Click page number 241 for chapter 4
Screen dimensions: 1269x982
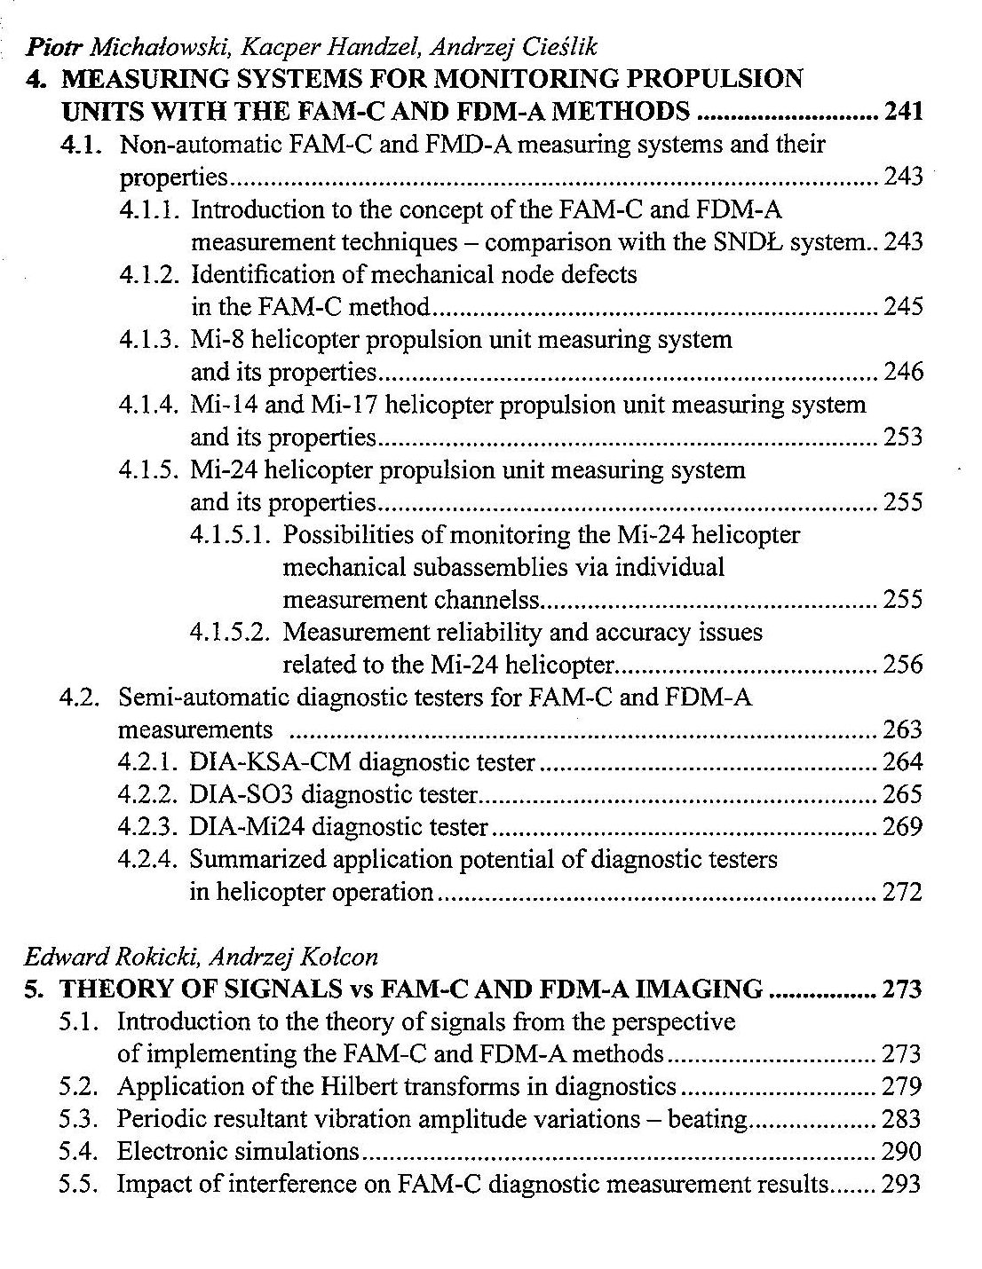(903, 112)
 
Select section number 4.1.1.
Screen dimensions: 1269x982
(151, 210)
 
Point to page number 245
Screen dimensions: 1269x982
(903, 307)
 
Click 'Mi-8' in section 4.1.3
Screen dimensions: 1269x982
(218, 340)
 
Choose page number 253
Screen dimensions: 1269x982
(903, 437)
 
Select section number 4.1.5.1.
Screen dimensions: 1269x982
(232, 535)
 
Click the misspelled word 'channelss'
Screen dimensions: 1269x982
(487, 601)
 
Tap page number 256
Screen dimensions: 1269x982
(903, 665)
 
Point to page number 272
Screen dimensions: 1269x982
(903, 892)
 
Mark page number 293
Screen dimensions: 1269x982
(902, 1185)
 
